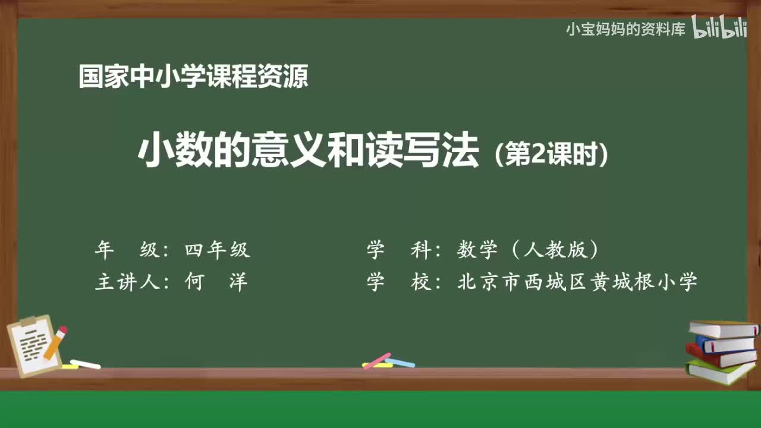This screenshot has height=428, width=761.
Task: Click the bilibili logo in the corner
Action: click(719, 29)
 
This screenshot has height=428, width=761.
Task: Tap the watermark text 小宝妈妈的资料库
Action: click(625, 29)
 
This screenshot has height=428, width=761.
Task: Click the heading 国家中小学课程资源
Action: click(193, 77)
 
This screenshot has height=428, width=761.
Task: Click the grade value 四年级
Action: click(217, 250)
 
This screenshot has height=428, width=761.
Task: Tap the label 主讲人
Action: click(128, 282)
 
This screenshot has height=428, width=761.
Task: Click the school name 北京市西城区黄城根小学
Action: click(577, 282)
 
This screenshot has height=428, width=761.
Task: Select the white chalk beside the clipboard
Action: click(85, 364)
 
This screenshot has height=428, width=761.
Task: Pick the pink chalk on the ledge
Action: click(377, 360)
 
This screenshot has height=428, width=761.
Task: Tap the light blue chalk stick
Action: click(400, 362)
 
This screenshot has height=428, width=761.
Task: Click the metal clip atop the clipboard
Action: click(29, 321)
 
